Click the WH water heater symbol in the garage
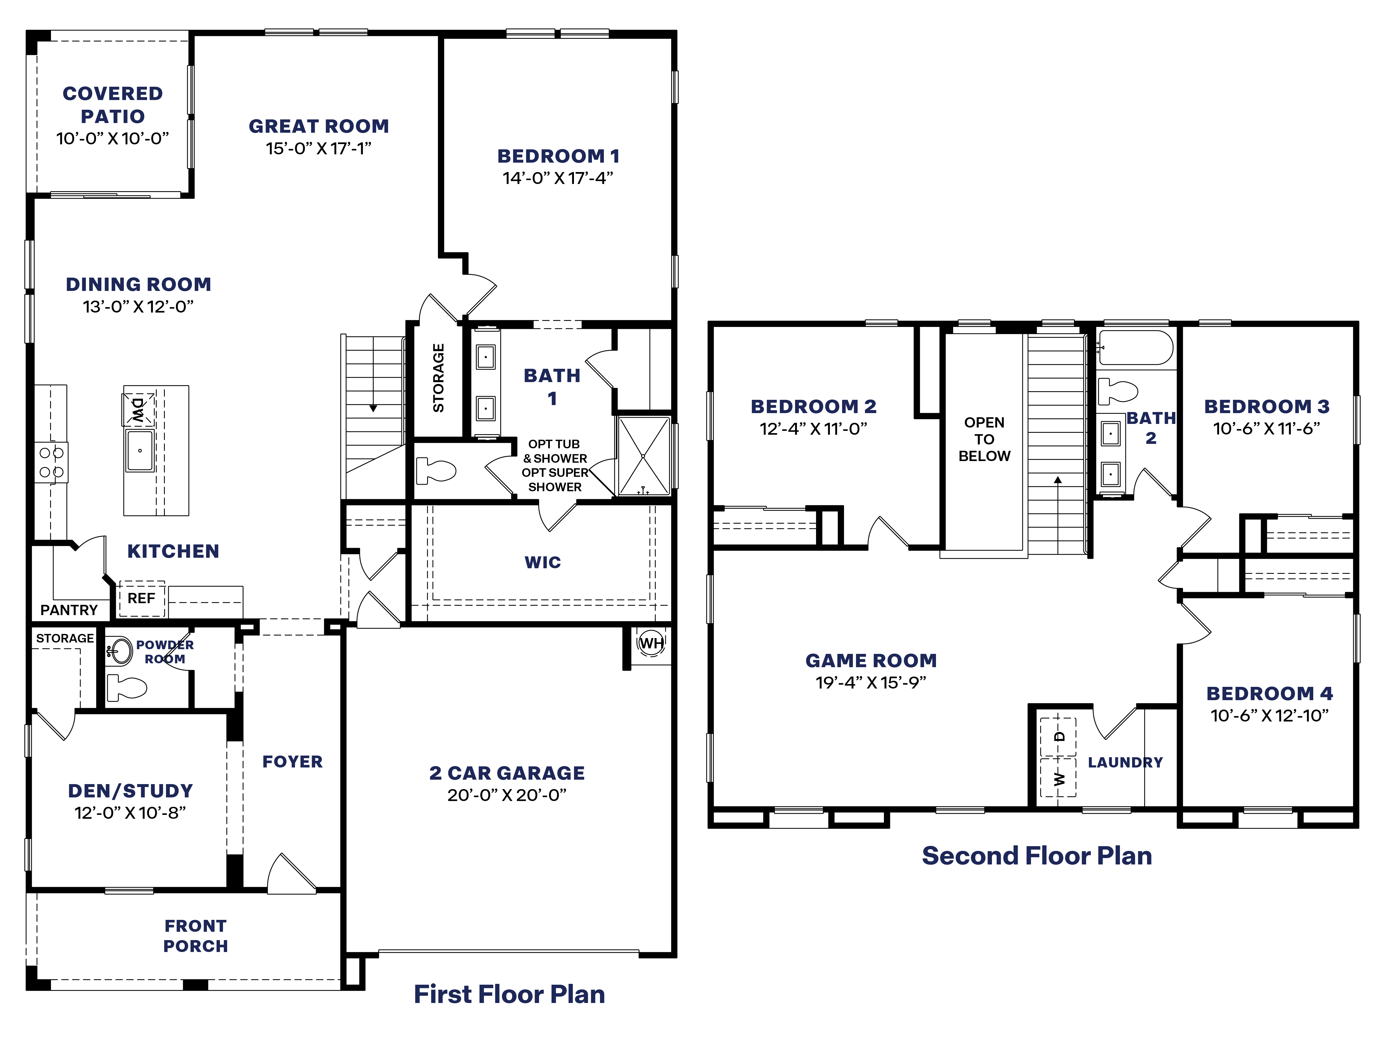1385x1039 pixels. [x=651, y=643]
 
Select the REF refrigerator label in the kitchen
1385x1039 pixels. [x=142, y=598]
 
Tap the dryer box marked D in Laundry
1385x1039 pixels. [x=1058, y=736]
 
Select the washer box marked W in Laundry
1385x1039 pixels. [x=1058, y=778]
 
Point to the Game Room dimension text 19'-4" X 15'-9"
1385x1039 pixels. [x=870, y=683]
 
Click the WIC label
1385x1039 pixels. [x=542, y=562]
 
